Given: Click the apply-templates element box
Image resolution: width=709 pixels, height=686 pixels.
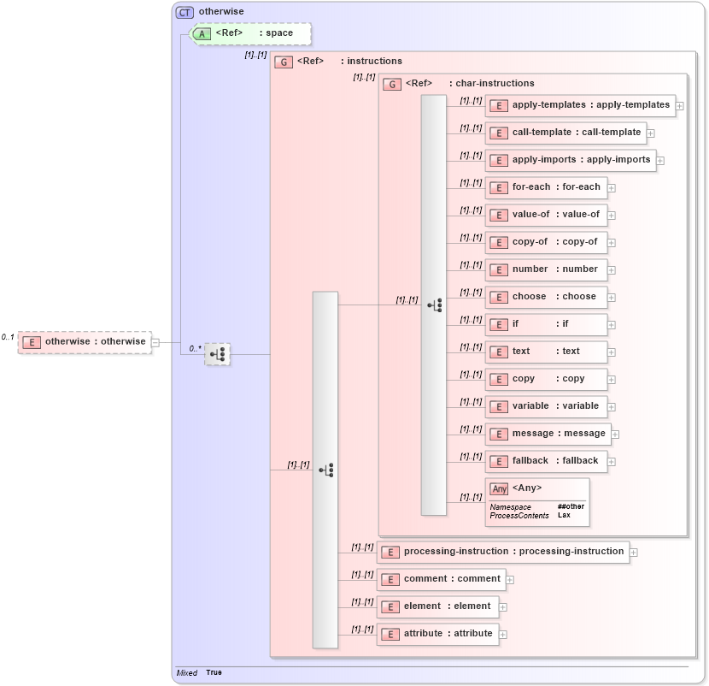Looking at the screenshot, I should click(580, 105).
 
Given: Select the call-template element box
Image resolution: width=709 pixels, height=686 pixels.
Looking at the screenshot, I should click(565, 133).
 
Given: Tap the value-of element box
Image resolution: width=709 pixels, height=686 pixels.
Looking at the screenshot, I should click(546, 215).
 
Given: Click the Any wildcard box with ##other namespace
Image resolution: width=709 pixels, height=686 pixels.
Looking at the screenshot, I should click(537, 502).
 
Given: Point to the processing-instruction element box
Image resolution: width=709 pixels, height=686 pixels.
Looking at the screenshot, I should click(503, 552).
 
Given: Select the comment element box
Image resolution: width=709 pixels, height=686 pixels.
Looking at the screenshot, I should click(441, 579).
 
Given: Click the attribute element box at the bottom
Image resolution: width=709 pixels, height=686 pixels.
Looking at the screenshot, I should click(437, 634).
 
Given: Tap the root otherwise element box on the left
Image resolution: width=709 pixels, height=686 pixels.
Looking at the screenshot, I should click(85, 342).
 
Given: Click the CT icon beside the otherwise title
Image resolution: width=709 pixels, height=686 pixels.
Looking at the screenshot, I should click(185, 12).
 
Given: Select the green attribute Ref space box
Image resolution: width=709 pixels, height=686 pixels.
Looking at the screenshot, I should click(251, 33).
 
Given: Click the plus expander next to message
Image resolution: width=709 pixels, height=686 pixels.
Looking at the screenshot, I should click(615, 435).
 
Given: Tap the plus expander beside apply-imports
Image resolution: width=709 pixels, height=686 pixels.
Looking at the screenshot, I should click(660, 161).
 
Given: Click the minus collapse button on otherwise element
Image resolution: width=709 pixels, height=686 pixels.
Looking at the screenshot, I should click(155, 342).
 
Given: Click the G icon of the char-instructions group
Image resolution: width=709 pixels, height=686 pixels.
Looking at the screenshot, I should click(392, 84).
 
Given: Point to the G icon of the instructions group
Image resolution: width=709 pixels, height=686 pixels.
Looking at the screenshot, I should click(284, 62).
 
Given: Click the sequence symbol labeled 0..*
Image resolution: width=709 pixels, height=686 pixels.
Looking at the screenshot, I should click(218, 354).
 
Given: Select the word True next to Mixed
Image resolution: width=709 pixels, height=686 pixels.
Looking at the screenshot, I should click(214, 672).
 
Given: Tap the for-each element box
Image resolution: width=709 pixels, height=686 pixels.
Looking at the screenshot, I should click(546, 187).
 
